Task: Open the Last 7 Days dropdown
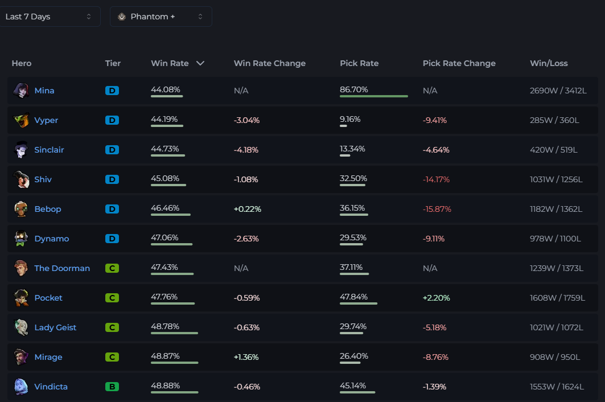click(49, 17)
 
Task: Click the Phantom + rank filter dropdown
click(160, 17)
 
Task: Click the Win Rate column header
click(170, 63)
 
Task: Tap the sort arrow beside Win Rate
click(200, 63)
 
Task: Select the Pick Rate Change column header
click(459, 63)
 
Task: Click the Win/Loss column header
click(549, 63)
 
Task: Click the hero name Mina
click(44, 91)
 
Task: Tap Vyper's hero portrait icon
click(21, 120)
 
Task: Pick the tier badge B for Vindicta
click(112, 387)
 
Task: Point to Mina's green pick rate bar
click(373, 96)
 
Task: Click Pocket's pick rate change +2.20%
click(436, 298)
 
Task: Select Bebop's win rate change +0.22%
click(247, 209)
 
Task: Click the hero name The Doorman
click(62, 268)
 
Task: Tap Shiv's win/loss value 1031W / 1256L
click(556, 179)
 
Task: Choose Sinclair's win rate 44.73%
click(164, 149)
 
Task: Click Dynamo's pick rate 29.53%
click(353, 237)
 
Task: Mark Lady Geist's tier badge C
click(112, 327)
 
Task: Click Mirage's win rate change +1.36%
click(246, 357)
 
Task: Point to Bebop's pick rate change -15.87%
click(437, 209)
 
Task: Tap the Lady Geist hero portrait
click(21, 327)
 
